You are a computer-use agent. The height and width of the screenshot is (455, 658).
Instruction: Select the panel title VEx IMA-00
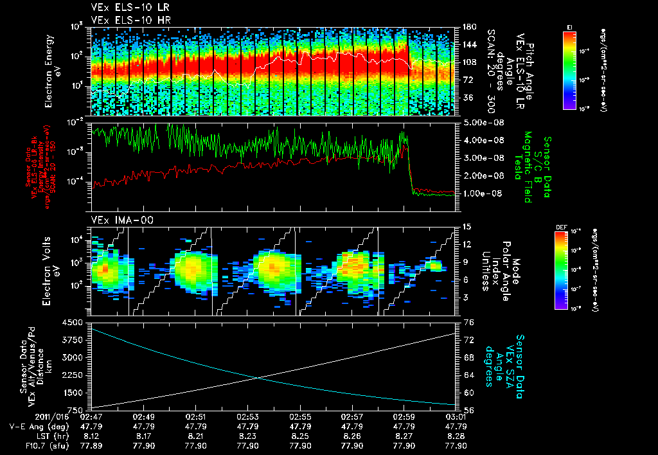pyautogui.click(x=116, y=220)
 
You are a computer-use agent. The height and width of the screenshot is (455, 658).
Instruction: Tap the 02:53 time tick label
pyautogui.click(x=248, y=416)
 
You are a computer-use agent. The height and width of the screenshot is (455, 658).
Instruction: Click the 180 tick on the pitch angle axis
pyautogui.click(x=467, y=26)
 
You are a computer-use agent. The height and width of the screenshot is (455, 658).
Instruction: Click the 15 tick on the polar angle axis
pyautogui.click(x=467, y=226)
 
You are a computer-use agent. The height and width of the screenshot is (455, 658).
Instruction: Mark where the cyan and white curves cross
pyautogui.click(x=258, y=378)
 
